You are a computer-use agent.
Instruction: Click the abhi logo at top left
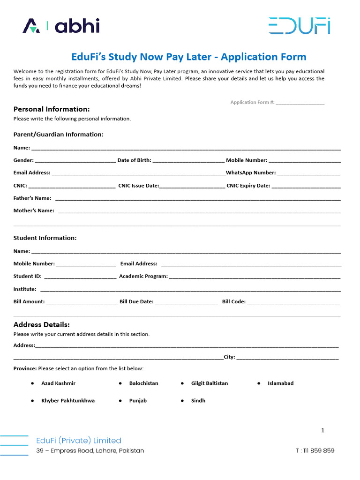(61, 26)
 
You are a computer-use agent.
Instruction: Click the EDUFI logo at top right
(299, 26)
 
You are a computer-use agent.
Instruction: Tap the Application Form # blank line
(300, 103)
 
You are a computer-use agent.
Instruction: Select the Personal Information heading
(52, 109)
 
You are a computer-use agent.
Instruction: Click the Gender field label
(23, 160)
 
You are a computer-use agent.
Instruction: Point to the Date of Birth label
(134, 160)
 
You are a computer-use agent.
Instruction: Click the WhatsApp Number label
(251, 173)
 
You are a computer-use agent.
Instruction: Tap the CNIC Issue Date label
(139, 186)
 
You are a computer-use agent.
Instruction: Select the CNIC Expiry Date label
(248, 186)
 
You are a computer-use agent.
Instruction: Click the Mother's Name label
(34, 211)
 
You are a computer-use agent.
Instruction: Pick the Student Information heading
(45, 238)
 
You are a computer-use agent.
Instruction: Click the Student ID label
(27, 277)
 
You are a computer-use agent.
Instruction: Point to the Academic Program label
(143, 277)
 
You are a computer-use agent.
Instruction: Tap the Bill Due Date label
(136, 302)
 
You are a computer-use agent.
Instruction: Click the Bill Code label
(233, 302)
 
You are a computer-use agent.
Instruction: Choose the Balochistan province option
(143, 383)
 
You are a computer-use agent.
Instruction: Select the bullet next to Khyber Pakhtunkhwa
(32, 401)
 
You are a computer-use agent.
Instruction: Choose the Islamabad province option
(280, 383)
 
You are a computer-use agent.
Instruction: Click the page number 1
(322, 430)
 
